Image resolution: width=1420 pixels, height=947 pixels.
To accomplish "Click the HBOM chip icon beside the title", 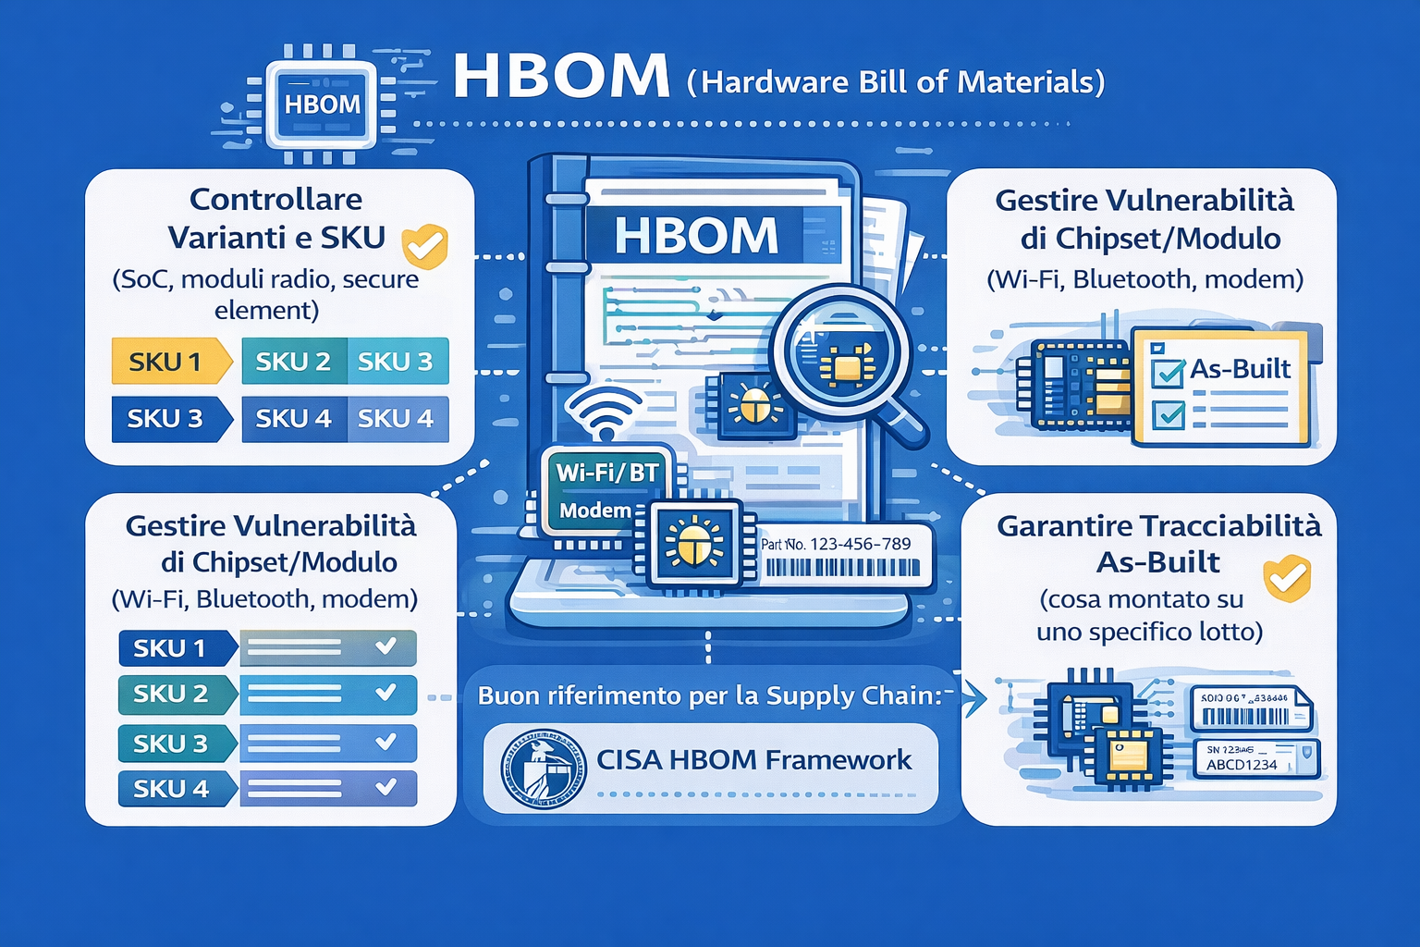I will [x=321, y=104].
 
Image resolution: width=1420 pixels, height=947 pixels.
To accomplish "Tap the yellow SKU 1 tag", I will [x=166, y=361].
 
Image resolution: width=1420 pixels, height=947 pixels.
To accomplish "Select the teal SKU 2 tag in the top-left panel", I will [x=293, y=361].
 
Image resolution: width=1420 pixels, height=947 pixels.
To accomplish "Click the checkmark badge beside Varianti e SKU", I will [x=424, y=246].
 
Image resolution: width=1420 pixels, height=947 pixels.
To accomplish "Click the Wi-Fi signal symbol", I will [x=603, y=413].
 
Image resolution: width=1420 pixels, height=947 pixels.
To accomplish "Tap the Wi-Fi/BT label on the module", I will [x=606, y=473].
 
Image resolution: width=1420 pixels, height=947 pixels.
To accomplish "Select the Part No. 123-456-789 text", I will [x=836, y=544].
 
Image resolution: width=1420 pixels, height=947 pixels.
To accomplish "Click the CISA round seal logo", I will [x=543, y=769].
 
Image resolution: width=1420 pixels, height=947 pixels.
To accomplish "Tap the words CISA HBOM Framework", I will [x=753, y=760].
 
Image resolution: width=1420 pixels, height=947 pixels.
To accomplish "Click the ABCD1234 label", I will [x=1241, y=765].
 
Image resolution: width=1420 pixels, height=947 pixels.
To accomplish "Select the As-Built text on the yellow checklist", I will [x=1239, y=369].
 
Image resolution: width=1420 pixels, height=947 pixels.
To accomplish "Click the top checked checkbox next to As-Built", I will [x=1169, y=373].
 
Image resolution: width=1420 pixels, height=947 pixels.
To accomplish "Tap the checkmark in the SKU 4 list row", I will [x=386, y=788].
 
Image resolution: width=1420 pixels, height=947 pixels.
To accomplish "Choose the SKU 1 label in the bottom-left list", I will [x=170, y=648].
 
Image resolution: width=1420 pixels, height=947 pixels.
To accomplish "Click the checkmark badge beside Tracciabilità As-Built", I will [x=1288, y=578].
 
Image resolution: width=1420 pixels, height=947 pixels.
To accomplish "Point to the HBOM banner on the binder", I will [x=696, y=235].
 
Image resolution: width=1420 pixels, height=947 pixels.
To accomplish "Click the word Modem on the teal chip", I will [x=594, y=510].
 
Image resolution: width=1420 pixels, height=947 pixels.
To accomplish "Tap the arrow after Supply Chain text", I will [x=973, y=698].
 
